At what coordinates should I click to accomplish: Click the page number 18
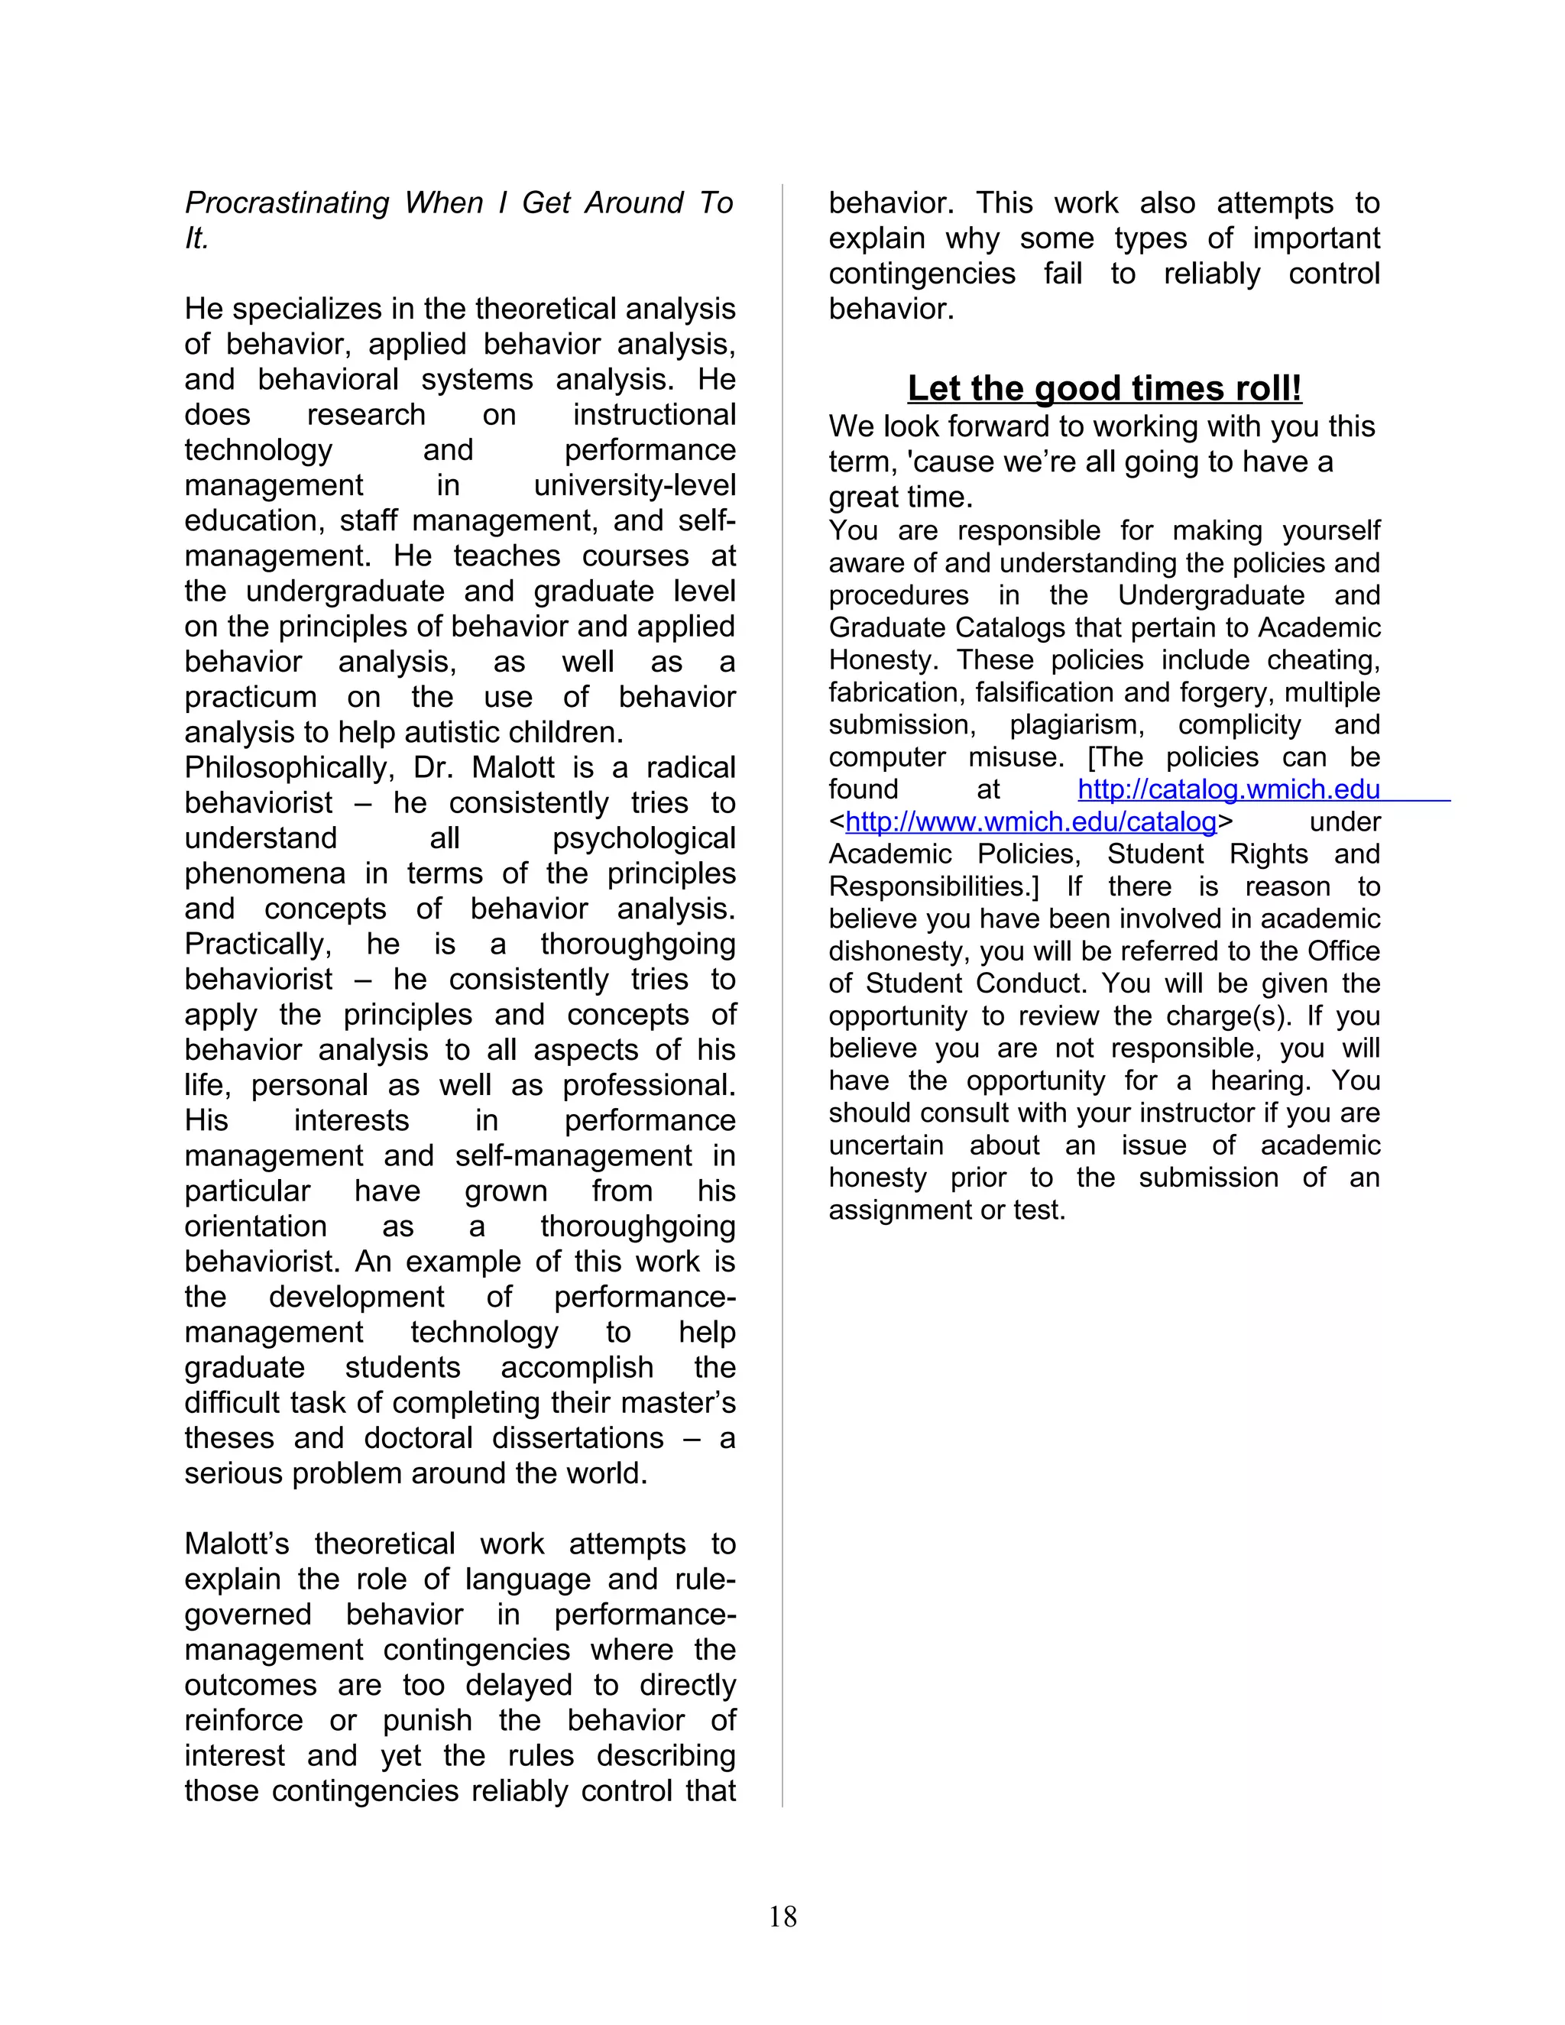pyautogui.click(x=782, y=1916)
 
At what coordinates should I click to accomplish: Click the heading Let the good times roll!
pyautogui.click(x=1104, y=387)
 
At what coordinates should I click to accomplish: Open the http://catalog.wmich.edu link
pyautogui.click(x=1229, y=789)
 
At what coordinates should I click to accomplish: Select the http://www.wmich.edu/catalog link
pyautogui.click(x=1031, y=821)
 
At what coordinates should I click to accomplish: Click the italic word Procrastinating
pyautogui.click(x=287, y=203)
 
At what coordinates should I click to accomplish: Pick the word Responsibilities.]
pyautogui.click(x=934, y=886)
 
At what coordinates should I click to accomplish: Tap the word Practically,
pyautogui.click(x=258, y=944)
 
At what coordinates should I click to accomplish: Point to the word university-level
pyautogui.click(x=635, y=485)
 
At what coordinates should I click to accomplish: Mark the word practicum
pyautogui.click(x=251, y=697)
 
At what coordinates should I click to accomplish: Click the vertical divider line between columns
pyautogui.click(x=782, y=1020)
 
